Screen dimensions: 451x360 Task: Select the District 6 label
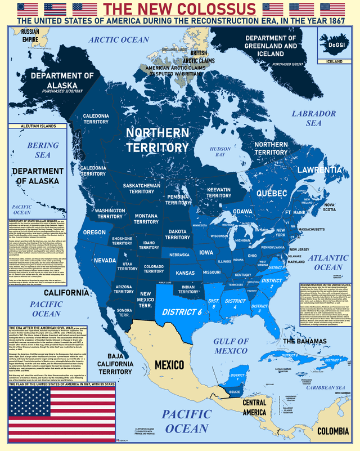(182, 311)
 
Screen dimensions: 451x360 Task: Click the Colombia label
(336, 431)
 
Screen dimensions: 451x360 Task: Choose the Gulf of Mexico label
(231, 346)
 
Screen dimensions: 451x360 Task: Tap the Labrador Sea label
(313, 118)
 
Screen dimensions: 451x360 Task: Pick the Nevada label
(105, 261)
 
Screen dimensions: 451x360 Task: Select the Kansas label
(185, 273)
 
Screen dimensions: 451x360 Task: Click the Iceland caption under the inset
(334, 61)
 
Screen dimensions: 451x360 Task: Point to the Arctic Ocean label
(119, 39)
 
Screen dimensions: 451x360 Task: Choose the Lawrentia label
(319, 169)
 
